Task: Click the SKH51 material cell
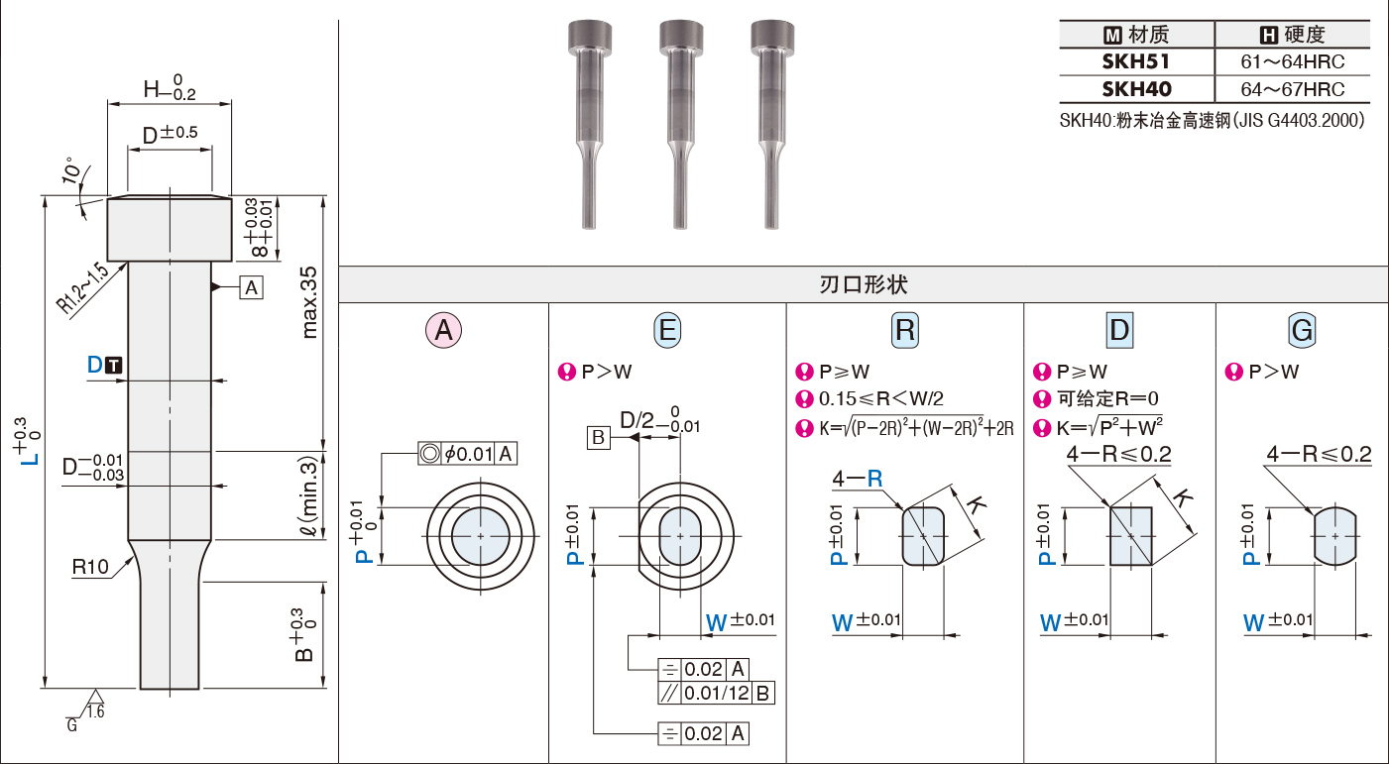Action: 1136,62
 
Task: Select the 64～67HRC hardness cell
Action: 1292,89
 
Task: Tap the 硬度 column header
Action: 1292,35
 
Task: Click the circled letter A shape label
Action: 443,330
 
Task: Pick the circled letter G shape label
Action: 1302,330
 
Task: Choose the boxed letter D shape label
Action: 1119,330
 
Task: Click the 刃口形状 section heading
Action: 864,284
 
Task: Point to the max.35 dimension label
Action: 308,302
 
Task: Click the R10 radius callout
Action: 90,567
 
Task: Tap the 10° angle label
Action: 72,170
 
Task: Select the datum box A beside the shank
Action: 251,287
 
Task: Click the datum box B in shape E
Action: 599,437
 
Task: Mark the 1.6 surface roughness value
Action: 95,711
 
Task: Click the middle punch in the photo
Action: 680,124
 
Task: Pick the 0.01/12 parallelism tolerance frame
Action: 716,693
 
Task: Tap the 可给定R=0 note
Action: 1107,398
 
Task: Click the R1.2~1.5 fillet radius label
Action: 82,288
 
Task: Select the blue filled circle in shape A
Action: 481,537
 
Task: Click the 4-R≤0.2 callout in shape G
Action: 1319,454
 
